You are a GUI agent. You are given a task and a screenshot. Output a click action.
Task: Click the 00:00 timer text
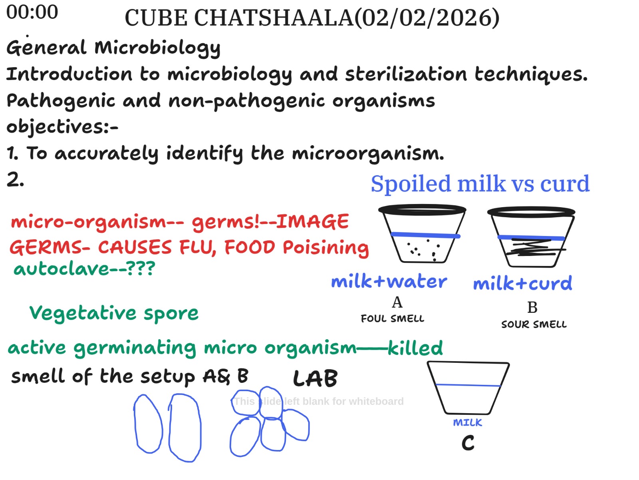tap(32, 12)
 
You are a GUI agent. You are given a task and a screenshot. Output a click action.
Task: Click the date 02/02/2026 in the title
tap(427, 18)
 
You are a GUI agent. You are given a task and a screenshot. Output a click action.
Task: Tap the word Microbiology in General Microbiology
tap(157, 48)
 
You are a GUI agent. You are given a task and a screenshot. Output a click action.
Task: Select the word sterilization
tap(406, 74)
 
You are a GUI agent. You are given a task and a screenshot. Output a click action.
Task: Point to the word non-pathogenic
tap(246, 101)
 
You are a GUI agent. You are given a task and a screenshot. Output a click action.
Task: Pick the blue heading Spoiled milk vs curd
tap(480, 184)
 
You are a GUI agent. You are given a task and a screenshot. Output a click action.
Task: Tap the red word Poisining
tap(326, 248)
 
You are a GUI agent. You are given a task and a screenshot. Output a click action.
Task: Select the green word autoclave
tap(62, 268)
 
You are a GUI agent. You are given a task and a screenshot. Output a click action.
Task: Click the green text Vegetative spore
tap(114, 314)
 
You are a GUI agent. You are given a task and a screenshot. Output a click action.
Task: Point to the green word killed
tap(415, 348)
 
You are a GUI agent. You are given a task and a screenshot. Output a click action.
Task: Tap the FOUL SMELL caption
tap(393, 318)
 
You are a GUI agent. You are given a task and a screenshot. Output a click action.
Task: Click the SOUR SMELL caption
tap(534, 324)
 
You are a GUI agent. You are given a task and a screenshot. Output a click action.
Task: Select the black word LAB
tap(315, 378)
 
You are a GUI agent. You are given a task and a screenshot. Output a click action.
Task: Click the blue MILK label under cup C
tap(468, 422)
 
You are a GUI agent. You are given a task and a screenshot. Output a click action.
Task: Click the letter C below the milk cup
tap(468, 443)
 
